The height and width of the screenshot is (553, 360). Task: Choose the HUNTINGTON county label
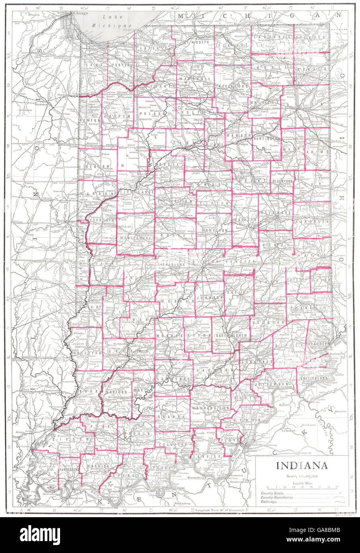pos(266,138)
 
